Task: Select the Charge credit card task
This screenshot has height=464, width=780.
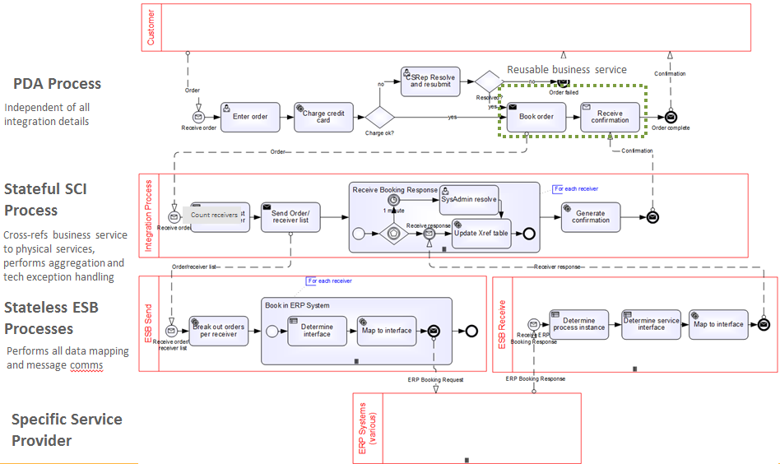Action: tap(323, 117)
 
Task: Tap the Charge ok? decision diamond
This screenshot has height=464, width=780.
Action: tap(381, 118)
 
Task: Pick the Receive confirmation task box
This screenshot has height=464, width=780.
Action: tap(610, 117)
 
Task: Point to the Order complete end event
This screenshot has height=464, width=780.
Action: tap(671, 117)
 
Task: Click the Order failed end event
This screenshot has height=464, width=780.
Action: tap(563, 82)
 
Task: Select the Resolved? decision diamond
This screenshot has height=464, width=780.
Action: tap(488, 81)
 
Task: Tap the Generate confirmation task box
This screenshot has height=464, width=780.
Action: tap(590, 216)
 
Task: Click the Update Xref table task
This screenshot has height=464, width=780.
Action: tap(481, 232)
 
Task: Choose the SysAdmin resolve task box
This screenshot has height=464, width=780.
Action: tap(468, 200)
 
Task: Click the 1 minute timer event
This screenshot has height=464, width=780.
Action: tap(393, 200)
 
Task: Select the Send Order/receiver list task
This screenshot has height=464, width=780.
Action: tap(290, 217)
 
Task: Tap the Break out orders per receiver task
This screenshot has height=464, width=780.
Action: tap(219, 331)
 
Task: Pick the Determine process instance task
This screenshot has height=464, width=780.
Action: tap(578, 324)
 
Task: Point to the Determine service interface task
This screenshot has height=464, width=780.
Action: tap(650, 324)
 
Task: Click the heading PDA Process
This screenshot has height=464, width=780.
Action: tap(57, 84)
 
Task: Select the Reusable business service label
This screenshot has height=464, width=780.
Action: tap(566, 70)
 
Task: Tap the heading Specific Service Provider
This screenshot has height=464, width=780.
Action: tap(67, 429)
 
